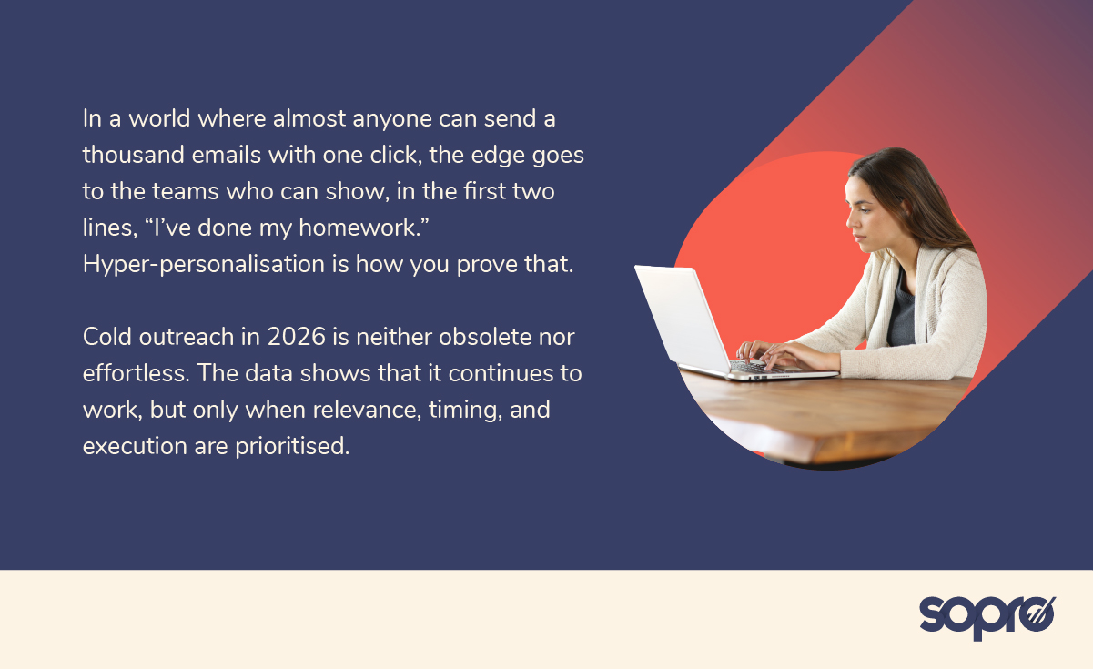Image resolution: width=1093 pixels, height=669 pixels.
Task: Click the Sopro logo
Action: click(987, 616)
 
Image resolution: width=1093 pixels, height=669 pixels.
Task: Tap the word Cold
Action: click(106, 337)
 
